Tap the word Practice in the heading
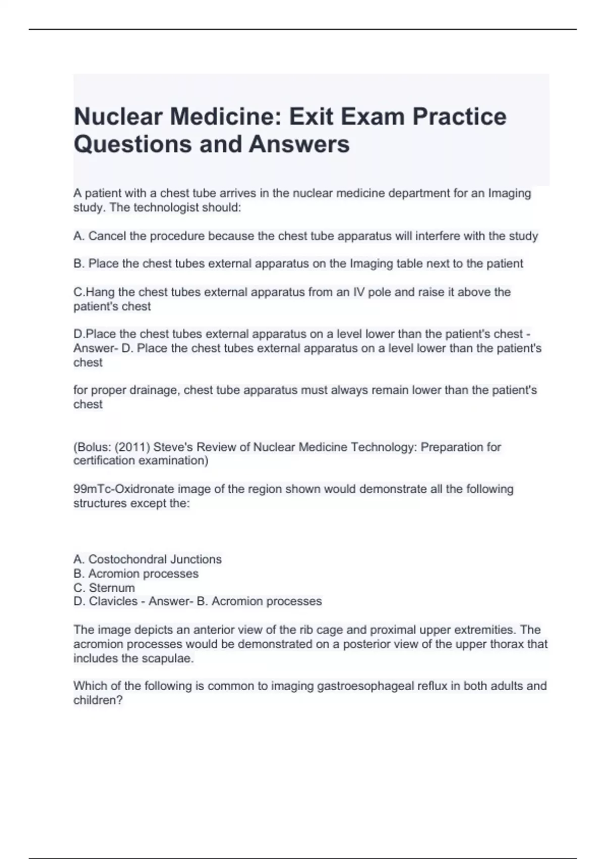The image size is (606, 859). point(460,117)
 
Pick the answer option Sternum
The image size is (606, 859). point(112,588)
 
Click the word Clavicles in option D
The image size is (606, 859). point(113,601)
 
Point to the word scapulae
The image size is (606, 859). point(170,658)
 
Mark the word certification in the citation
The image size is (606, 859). point(105,460)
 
